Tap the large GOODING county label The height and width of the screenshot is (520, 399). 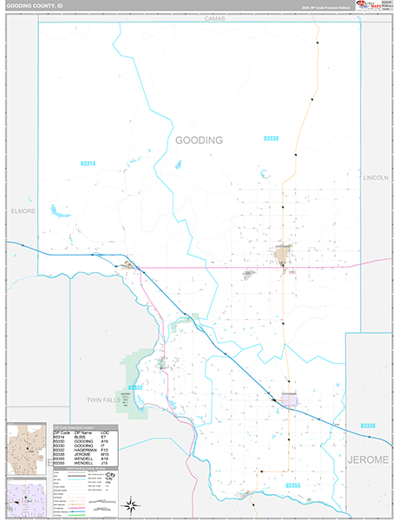[199, 140]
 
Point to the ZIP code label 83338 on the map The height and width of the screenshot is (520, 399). [368, 427]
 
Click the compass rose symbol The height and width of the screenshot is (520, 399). [131, 505]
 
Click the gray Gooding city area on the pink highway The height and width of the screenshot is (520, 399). [282, 255]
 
